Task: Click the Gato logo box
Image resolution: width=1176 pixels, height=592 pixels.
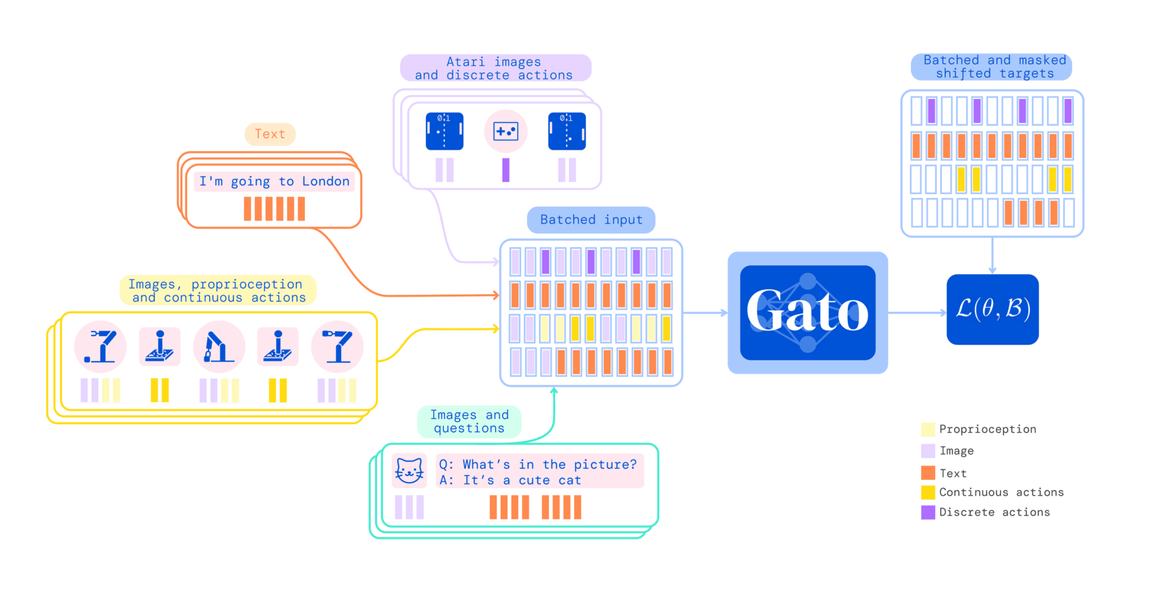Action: pos(807,312)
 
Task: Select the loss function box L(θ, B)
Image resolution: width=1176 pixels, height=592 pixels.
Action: pos(992,310)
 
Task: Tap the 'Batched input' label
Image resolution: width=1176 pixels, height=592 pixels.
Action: pos(591,219)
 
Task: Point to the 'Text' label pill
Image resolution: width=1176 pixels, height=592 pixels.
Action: pos(269,134)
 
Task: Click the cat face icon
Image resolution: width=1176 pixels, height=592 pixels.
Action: pos(409,470)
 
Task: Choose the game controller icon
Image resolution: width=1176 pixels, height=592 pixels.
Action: pos(506,131)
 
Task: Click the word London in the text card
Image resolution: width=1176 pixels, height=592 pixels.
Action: pos(325,181)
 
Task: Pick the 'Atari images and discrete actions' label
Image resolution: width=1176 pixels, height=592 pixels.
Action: pos(495,68)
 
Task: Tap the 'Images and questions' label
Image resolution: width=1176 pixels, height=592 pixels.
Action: pos(469,421)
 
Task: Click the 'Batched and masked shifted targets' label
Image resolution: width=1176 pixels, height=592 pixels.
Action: pos(993,67)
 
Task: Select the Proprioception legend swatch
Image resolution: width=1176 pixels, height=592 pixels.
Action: pos(928,429)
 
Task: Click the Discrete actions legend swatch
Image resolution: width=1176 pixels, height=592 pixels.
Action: pos(928,512)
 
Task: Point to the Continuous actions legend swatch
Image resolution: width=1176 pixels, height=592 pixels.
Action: pos(928,492)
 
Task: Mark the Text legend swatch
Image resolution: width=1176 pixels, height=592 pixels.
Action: pos(928,473)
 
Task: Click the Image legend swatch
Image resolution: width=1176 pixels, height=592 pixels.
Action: pos(928,451)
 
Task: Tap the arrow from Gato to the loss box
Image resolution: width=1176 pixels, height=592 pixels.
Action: pos(918,313)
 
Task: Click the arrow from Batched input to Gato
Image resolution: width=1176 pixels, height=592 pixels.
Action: pos(705,313)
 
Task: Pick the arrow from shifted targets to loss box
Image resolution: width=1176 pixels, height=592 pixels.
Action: pos(992,256)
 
